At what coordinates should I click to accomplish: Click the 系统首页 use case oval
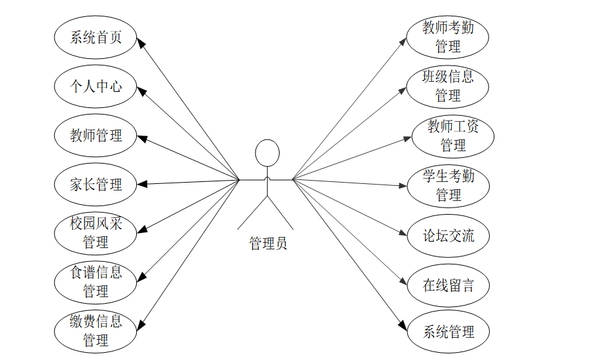point(96,37)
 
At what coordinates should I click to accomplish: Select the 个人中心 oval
point(96,86)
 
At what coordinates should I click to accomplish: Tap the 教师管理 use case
point(96,135)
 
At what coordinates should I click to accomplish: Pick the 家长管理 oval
point(96,185)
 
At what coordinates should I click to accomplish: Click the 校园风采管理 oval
point(96,233)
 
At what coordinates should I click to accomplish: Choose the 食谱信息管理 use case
point(96,281)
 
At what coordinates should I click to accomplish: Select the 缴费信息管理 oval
point(96,331)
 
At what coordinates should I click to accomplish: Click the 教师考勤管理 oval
point(448,37)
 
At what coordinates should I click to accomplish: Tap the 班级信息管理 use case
point(448,86)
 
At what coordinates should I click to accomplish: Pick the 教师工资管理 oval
point(453,135)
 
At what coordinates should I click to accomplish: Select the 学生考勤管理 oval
point(448,185)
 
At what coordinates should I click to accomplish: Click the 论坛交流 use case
point(448,236)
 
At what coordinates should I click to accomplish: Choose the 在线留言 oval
point(448,285)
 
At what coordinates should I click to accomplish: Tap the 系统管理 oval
point(448,331)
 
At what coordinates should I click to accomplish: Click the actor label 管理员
point(268,244)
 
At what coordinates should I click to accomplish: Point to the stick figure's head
point(267,153)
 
